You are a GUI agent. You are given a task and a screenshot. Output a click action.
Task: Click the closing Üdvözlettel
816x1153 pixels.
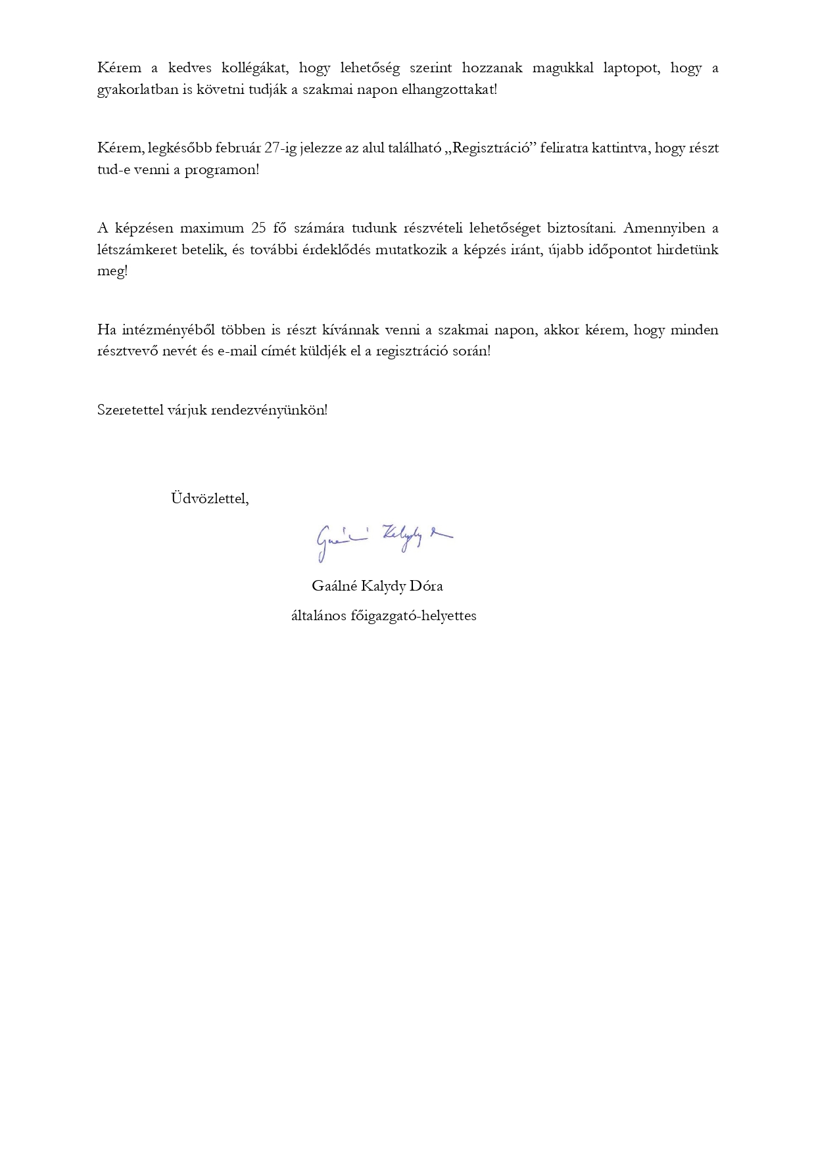tap(210, 498)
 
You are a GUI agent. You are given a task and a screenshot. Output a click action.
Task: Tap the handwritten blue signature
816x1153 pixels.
tap(383, 540)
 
